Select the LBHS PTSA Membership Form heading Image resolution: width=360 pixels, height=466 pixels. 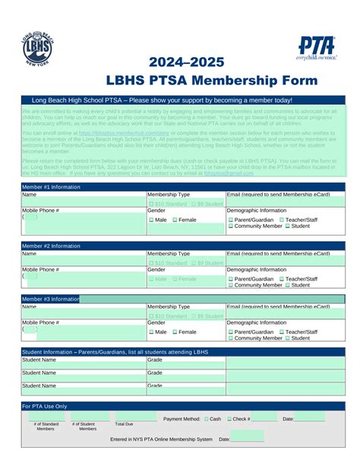pos(180,80)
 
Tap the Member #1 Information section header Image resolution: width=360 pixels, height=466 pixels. pos(52,186)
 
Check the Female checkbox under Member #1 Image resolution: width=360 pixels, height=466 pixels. pos(175,220)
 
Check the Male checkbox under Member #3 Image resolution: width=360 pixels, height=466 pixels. pos(151,332)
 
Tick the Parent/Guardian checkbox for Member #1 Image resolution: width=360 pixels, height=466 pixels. pos(232,220)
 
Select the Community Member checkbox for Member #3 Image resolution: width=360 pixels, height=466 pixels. pos(232,338)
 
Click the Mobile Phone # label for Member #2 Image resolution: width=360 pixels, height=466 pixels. pos(40,270)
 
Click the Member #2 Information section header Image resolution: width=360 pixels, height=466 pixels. pos(52,246)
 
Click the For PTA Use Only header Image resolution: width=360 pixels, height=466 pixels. pos(45,407)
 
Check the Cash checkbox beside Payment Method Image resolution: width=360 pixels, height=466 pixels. pos(204,419)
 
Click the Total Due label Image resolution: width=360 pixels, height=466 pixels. pos(124,424)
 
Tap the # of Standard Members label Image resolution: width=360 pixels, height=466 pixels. pos(46,426)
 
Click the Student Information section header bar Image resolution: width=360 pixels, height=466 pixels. pos(180,352)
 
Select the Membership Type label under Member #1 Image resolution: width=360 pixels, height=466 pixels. pos(169,195)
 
